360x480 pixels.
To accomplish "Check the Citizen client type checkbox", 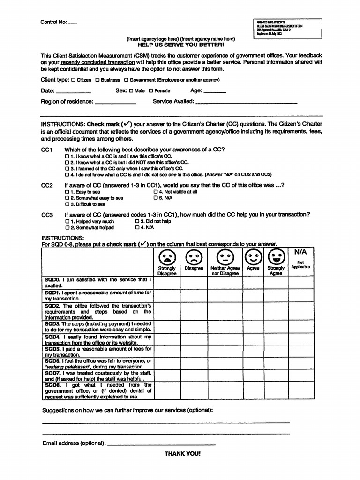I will (x=73, y=80).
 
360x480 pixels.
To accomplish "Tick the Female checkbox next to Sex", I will (x=151, y=91).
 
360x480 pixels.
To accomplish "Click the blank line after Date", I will (x=73, y=92).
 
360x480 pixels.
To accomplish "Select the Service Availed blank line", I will (x=246, y=102).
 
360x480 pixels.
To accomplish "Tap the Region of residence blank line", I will (x=115, y=102).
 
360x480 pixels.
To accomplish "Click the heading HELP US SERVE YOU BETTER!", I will (x=181, y=45).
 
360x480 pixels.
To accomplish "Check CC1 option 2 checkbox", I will (x=67, y=162).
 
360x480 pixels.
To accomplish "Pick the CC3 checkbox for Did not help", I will (x=137, y=221).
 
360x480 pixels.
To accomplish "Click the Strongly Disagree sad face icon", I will (x=166, y=257).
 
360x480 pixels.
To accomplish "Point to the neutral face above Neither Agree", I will (x=225, y=257).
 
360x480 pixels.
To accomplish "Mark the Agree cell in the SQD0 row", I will (x=253, y=282).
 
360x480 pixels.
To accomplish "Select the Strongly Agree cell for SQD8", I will (x=276, y=391).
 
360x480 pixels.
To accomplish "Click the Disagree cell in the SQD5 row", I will (x=194, y=352).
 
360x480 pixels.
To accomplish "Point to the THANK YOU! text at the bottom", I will (x=182, y=454).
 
